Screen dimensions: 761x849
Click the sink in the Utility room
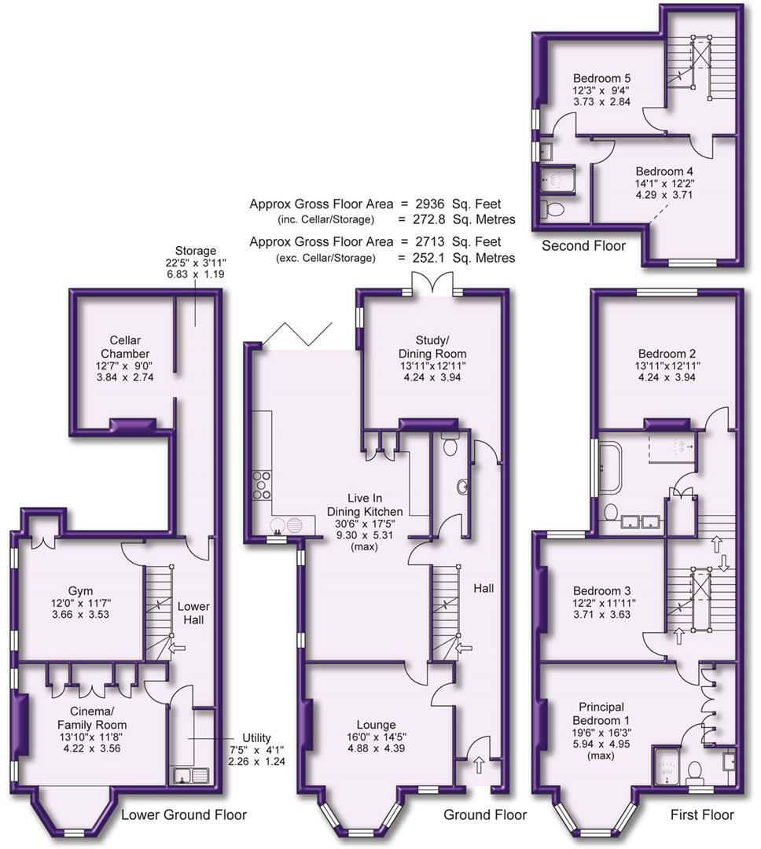191,775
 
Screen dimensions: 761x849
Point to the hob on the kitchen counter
261,485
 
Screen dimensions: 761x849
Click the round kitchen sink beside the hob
278,524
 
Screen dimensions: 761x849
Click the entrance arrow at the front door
479,765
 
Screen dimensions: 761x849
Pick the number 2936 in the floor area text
429,204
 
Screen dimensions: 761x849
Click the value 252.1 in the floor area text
429,258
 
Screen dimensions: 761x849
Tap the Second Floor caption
584,246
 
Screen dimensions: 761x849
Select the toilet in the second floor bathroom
552,208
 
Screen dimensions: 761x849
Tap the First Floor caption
702,814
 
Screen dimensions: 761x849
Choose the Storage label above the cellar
196,251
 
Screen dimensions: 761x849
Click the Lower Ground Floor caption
184,814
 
